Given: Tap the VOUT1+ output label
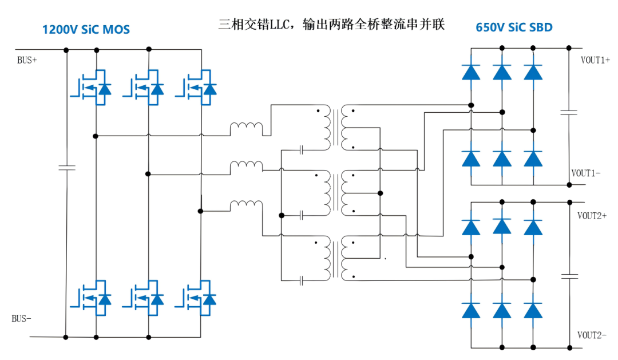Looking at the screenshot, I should tap(595, 60).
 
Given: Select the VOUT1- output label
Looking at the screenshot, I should tap(585, 173).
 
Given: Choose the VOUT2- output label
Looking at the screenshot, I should tap(592, 335).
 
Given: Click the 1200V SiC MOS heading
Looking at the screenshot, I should tap(86, 29).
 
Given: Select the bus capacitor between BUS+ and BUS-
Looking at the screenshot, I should tap(66, 168).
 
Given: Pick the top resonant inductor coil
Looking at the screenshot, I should tap(246, 129).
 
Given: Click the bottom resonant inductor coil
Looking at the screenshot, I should tap(246, 206).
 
